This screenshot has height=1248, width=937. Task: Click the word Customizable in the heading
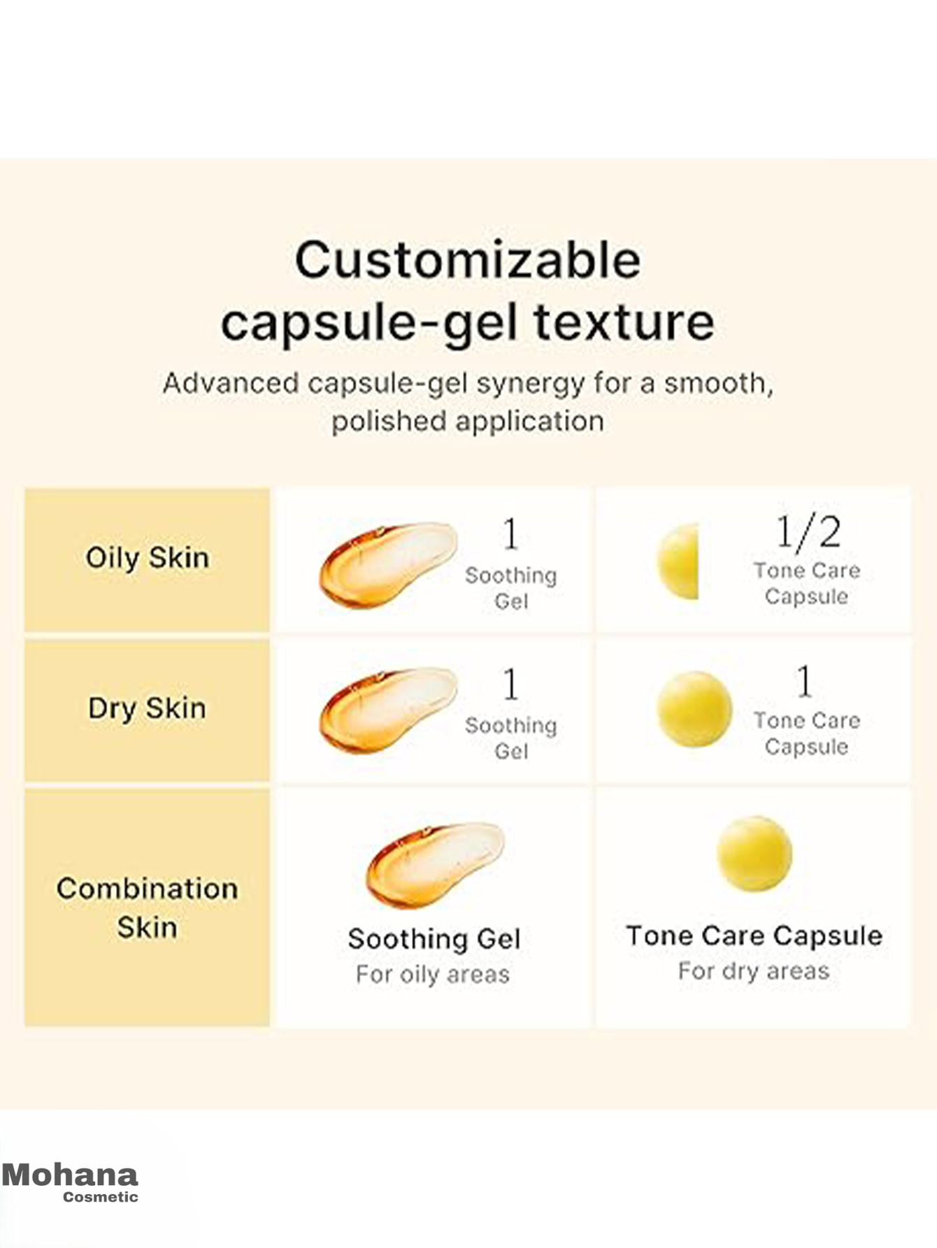pyautogui.click(x=468, y=260)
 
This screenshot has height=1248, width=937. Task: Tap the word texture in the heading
pyautogui.click(x=624, y=322)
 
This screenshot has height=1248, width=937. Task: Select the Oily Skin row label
pyautogui.click(x=147, y=559)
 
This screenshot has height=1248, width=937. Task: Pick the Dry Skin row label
pyautogui.click(x=147, y=708)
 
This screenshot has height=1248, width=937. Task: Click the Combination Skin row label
pyautogui.click(x=147, y=908)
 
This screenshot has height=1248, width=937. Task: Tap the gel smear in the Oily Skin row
pyautogui.click(x=388, y=564)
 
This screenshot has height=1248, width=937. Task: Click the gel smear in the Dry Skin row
pyautogui.click(x=388, y=710)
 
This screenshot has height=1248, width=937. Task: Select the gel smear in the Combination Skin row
pyautogui.click(x=435, y=865)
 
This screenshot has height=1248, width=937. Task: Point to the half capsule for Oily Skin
pyautogui.click(x=678, y=561)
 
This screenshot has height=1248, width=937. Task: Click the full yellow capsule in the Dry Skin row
pyautogui.click(x=694, y=709)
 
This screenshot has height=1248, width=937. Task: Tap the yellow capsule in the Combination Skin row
pyautogui.click(x=754, y=854)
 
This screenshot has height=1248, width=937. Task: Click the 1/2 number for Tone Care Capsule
pyautogui.click(x=808, y=533)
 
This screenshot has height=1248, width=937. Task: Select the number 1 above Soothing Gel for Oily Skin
pyautogui.click(x=511, y=534)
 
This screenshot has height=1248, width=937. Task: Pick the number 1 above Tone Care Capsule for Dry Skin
pyautogui.click(x=805, y=681)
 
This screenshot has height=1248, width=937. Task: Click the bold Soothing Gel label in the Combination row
pyautogui.click(x=434, y=939)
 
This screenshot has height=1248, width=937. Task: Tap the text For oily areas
pyautogui.click(x=433, y=974)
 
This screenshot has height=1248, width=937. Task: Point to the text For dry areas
pyautogui.click(x=754, y=971)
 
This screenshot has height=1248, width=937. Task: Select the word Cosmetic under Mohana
pyautogui.click(x=101, y=1197)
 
